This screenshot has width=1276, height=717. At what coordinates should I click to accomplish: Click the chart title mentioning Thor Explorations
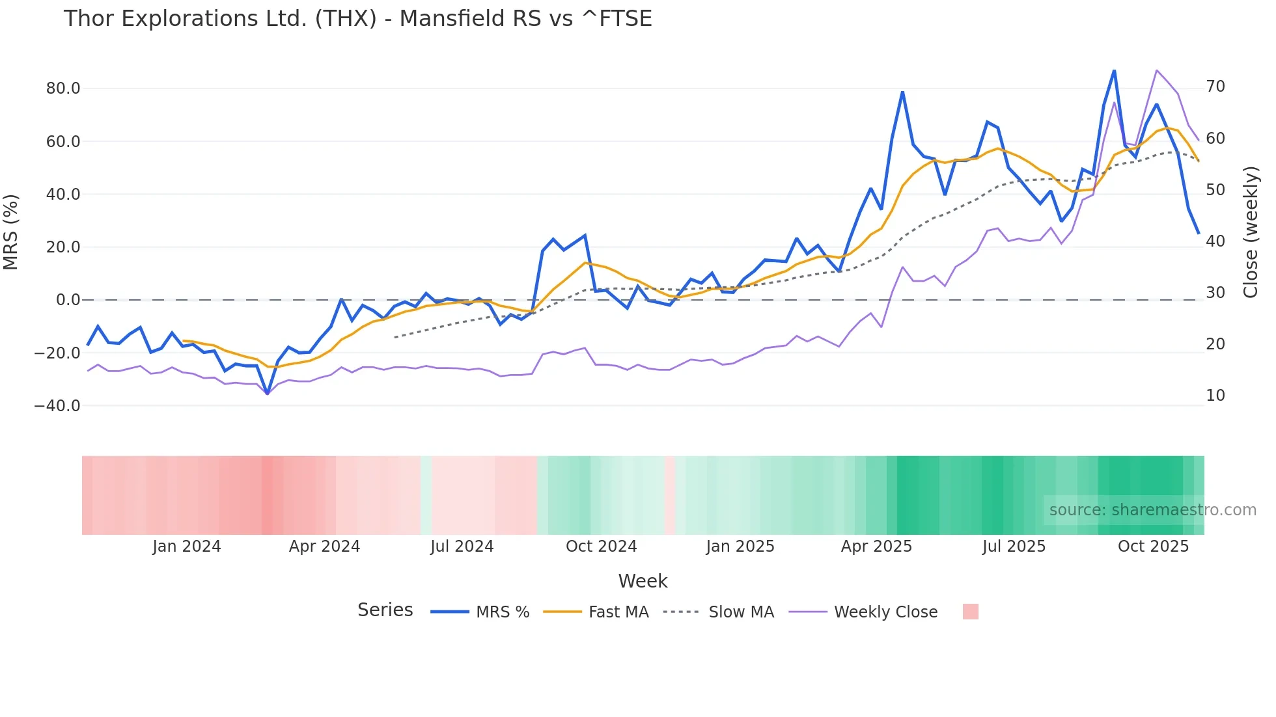tap(357, 19)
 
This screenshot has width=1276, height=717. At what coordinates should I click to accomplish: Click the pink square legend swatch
tap(970, 612)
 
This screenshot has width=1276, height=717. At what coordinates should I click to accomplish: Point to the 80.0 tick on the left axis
tap(63, 88)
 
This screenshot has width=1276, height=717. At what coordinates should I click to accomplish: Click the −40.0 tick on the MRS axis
tap(57, 406)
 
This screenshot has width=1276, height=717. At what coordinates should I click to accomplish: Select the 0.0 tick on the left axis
tap(68, 300)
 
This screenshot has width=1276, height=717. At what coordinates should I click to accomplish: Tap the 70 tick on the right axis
tap(1215, 87)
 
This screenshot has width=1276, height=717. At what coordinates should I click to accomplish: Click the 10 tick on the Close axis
tap(1215, 396)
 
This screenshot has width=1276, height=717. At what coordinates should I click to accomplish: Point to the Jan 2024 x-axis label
tap(187, 547)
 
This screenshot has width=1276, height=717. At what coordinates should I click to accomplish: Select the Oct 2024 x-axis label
tap(601, 547)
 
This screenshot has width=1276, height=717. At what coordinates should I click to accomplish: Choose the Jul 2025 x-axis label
tap(1014, 547)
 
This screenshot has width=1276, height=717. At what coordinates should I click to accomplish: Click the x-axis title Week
tap(643, 581)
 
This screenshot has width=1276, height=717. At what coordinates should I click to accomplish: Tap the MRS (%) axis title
tap(11, 232)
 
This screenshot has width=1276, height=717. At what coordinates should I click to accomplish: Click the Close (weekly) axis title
tap(1251, 232)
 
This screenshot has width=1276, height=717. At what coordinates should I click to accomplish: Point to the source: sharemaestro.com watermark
tap(1152, 510)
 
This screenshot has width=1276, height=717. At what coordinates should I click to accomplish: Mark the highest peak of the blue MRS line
tap(1114, 70)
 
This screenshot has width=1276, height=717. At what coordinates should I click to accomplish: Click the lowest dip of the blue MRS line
tap(267, 394)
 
